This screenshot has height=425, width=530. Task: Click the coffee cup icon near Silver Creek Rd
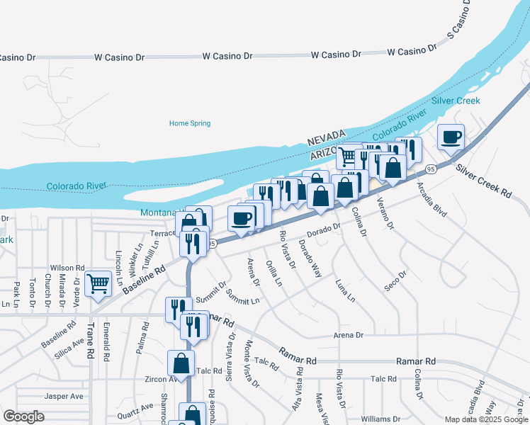451,136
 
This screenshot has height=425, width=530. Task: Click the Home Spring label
190,123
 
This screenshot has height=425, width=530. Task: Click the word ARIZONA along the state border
327,153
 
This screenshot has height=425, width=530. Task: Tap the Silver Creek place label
456,101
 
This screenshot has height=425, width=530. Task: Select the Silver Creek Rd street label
483,181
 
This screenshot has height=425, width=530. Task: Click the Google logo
23,416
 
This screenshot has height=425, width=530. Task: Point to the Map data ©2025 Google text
485,419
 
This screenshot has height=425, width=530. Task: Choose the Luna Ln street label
345,289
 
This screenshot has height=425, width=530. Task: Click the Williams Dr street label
380,419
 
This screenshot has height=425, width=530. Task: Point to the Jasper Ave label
64,396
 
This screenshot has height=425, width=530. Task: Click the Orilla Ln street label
274,273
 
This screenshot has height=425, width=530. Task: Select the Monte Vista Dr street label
250,363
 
